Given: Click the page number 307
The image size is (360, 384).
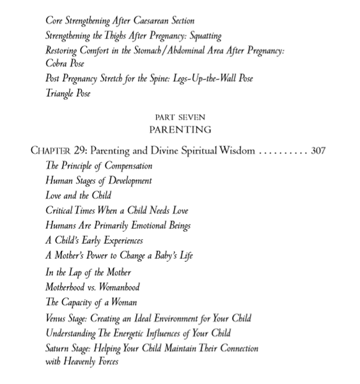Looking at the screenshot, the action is pos(318,152).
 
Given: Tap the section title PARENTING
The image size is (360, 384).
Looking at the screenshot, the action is pos(180,130).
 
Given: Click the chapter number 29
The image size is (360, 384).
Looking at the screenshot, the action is pos(79,152).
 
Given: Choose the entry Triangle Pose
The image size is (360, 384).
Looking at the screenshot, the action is pos(68,93).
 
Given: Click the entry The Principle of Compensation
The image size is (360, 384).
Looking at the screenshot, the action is pos(98,166).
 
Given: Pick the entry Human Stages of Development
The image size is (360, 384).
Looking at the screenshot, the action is pos(98,180).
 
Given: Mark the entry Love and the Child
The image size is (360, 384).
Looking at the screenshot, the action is pos(79,195).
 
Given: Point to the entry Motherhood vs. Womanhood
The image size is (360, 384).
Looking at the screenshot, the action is pos(93,287).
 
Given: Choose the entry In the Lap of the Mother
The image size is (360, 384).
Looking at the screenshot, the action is pos(88,272).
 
